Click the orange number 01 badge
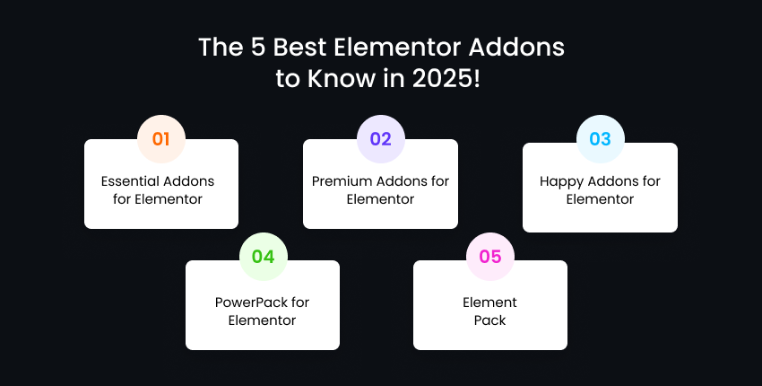tap(161, 139)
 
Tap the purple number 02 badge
tap(380, 139)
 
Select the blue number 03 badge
tap(600, 139)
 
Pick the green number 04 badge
tap(264, 257)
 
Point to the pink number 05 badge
tap(489, 257)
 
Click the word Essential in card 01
tap(129, 181)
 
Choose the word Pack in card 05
tap(489, 320)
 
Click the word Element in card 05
tap(489, 303)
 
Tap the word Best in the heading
tap(299, 48)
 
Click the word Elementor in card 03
tap(600, 199)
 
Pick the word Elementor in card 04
tap(263, 320)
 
